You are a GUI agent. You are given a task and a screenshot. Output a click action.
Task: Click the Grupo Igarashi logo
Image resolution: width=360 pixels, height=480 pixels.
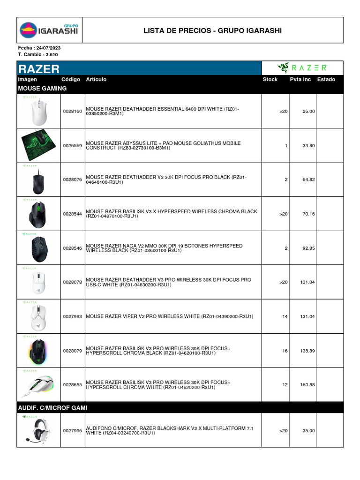pos(49,30)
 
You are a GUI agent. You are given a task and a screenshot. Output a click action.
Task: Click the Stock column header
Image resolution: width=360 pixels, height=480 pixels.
pos(270,80)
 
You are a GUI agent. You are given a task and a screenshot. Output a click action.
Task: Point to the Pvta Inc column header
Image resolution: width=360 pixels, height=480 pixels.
pos(300,80)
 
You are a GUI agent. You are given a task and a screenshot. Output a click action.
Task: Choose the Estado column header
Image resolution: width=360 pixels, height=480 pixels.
pos(326,80)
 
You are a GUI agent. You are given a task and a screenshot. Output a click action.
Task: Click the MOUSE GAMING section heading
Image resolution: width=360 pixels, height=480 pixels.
pos(42,88)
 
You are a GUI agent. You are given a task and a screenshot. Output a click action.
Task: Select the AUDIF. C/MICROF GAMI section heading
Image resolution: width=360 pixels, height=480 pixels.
pos(52,408)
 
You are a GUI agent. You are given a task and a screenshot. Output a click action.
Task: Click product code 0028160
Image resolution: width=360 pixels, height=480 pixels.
pos(72,112)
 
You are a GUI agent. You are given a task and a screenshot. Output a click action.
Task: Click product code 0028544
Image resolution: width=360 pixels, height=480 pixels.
pos(72,214)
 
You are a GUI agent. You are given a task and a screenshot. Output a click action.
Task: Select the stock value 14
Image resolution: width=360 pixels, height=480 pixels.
pos(285,317)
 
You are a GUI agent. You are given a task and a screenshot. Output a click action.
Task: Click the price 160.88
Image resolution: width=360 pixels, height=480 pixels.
pos(307,385)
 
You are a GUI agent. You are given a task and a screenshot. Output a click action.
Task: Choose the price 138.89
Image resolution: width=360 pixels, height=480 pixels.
pos(307,351)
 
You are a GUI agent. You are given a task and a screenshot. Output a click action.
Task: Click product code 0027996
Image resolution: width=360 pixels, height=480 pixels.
pos(72,431)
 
